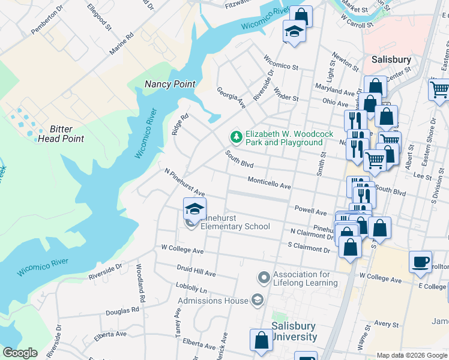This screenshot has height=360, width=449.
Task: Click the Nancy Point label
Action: [170, 84]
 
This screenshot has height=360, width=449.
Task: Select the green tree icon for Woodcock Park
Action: [237, 137]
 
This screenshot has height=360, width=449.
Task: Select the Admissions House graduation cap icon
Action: [258, 300]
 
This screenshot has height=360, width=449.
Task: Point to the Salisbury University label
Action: [294, 331]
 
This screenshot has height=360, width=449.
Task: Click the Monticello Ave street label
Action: [270, 184]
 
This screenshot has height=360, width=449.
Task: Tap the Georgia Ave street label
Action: [231, 97]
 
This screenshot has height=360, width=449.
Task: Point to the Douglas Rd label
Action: [122, 311]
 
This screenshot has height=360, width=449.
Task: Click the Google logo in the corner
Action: [20, 352]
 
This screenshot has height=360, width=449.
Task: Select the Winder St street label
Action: [286, 94]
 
